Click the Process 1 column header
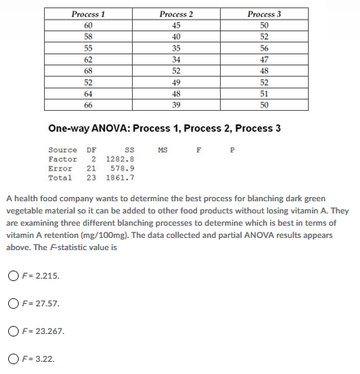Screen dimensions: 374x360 (89, 14)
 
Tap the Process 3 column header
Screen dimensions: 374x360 (262, 14)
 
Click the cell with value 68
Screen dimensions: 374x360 (89, 70)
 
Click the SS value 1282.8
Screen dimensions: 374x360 (121, 159)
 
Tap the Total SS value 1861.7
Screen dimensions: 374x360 (121, 177)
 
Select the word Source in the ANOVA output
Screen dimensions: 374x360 (62, 150)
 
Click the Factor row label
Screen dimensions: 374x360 (62, 159)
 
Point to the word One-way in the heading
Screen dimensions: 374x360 (69, 129)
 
